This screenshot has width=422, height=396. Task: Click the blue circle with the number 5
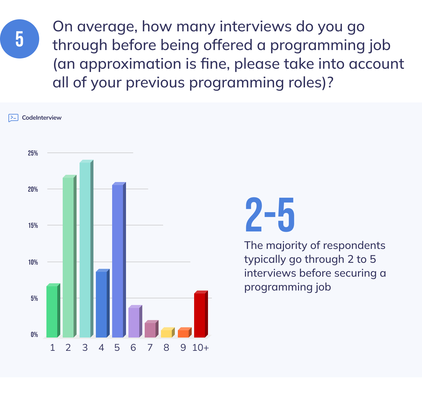(x=20, y=39)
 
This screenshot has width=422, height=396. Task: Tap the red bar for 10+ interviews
(x=200, y=315)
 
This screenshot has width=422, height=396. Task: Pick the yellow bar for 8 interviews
(x=166, y=333)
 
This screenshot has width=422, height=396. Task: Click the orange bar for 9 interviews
(x=183, y=333)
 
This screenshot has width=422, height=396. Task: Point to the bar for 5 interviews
(x=118, y=261)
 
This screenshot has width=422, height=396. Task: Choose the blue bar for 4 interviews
(x=101, y=304)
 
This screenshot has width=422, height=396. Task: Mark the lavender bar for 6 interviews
(x=134, y=322)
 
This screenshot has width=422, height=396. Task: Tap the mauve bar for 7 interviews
(x=150, y=330)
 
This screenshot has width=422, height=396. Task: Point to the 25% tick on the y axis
(x=33, y=153)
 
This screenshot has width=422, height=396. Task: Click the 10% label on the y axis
(x=33, y=262)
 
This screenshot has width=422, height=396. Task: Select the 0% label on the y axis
(x=34, y=335)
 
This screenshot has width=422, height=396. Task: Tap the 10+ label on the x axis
(x=200, y=348)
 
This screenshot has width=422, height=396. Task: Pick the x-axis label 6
(x=133, y=348)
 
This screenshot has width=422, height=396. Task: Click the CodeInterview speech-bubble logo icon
(x=13, y=118)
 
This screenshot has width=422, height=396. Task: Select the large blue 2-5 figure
(x=270, y=215)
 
